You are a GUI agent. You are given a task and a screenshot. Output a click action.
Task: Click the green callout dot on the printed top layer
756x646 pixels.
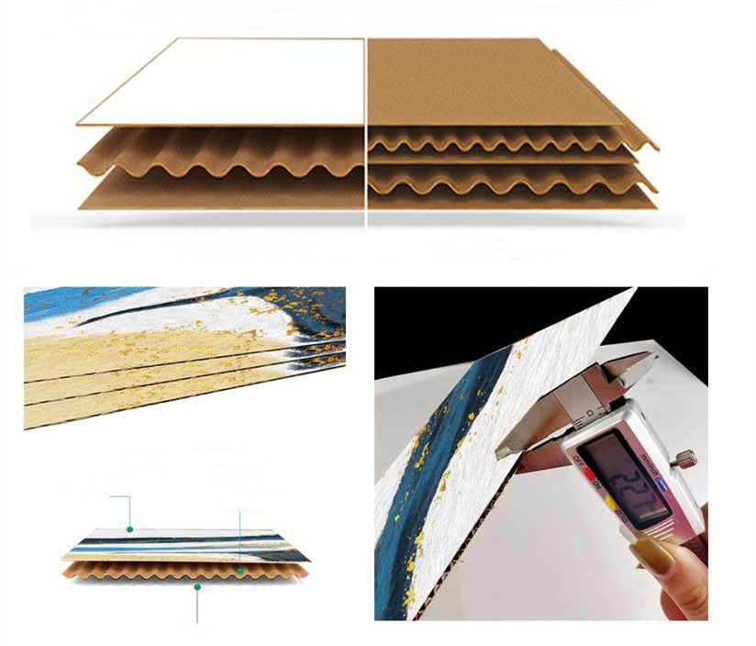coord(130,529)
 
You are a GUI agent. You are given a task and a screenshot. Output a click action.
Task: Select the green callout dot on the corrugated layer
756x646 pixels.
coord(240,571)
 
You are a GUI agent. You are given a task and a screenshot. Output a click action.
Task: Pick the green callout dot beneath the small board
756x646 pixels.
coord(197,586)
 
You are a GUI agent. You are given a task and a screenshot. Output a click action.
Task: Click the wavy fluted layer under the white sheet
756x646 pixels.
coord(220,151)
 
